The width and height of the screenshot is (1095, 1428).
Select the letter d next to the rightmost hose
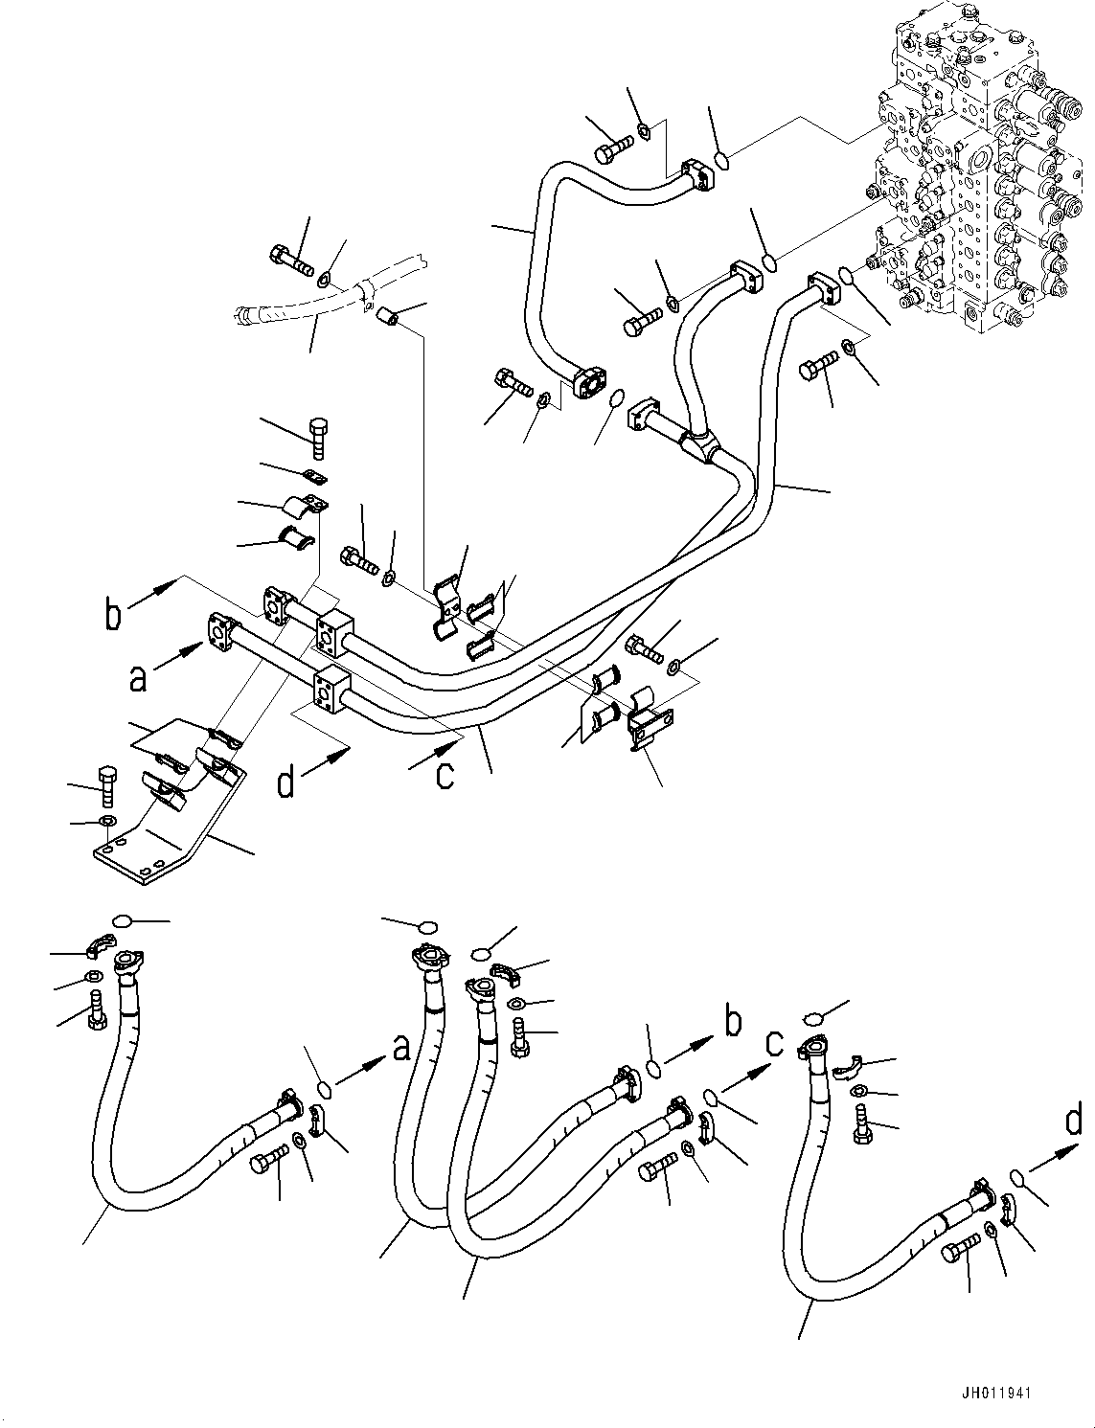[x=1074, y=1121]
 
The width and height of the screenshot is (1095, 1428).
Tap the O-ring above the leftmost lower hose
[x=122, y=921]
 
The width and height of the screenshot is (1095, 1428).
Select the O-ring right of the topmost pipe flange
[x=723, y=160]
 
